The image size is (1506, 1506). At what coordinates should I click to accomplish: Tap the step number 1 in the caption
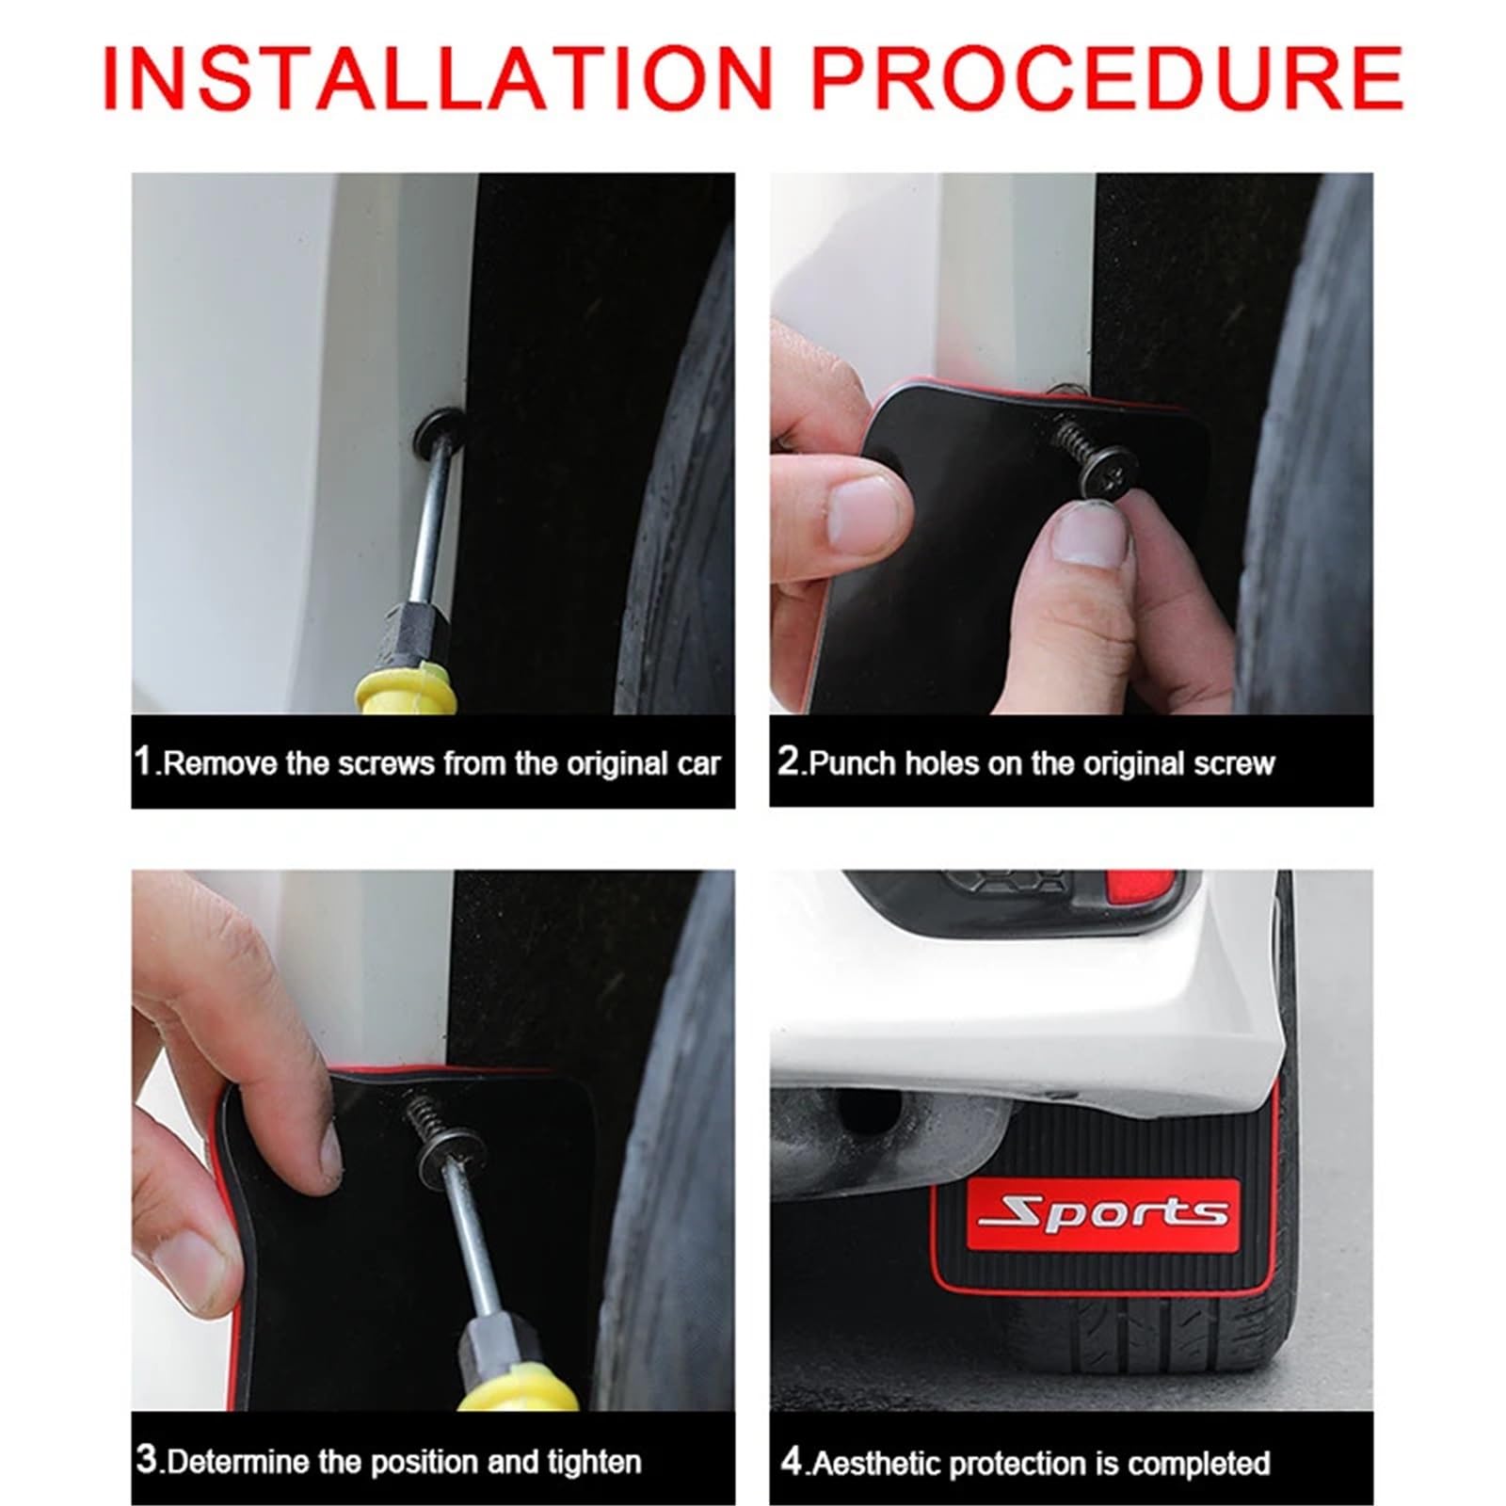[143, 761]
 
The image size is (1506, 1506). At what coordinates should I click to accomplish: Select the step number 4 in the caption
[793, 1461]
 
